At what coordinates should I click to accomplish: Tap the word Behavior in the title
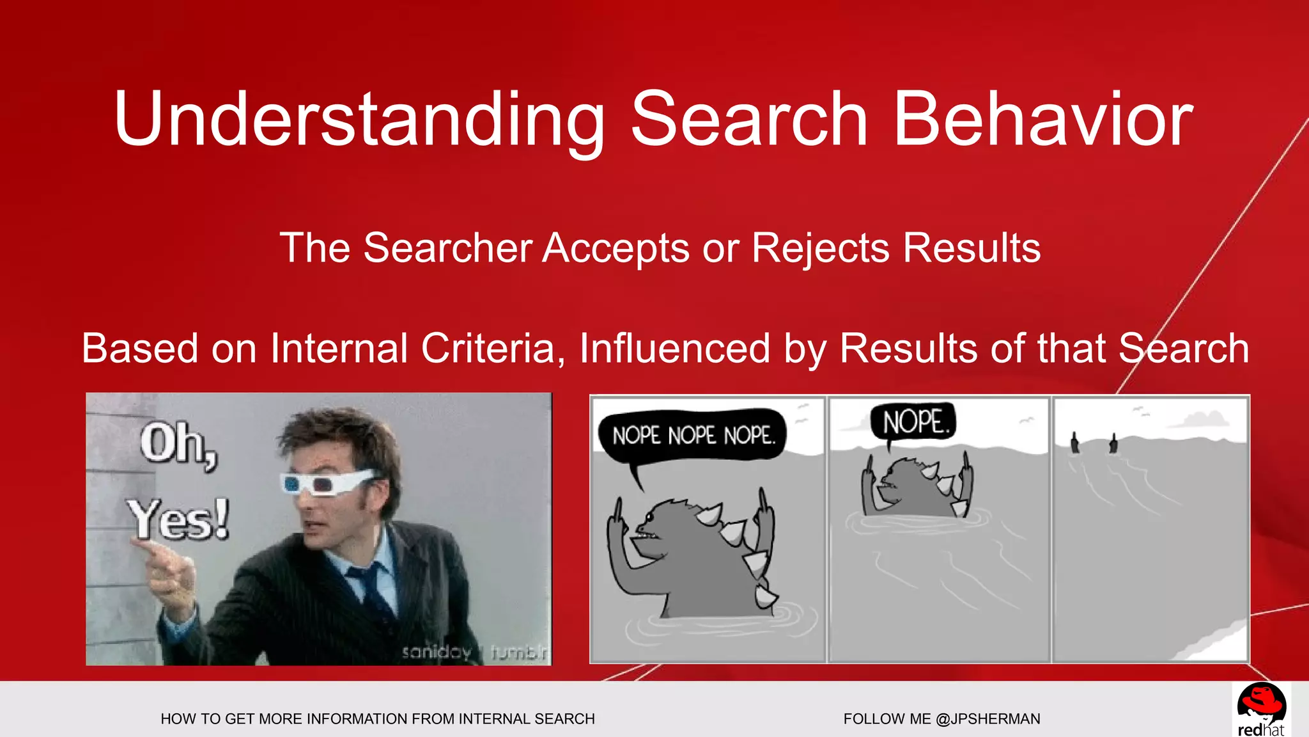click(x=1042, y=120)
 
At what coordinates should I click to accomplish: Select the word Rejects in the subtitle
click(x=820, y=248)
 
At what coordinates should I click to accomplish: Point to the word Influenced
click(x=674, y=349)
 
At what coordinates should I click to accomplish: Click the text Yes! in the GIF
click(x=178, y=519)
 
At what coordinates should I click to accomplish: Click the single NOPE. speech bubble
click(x=915, y=422)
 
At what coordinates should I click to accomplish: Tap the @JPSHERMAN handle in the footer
click(x=988, y=719)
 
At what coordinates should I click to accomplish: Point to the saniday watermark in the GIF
click(x=437, y=652)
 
